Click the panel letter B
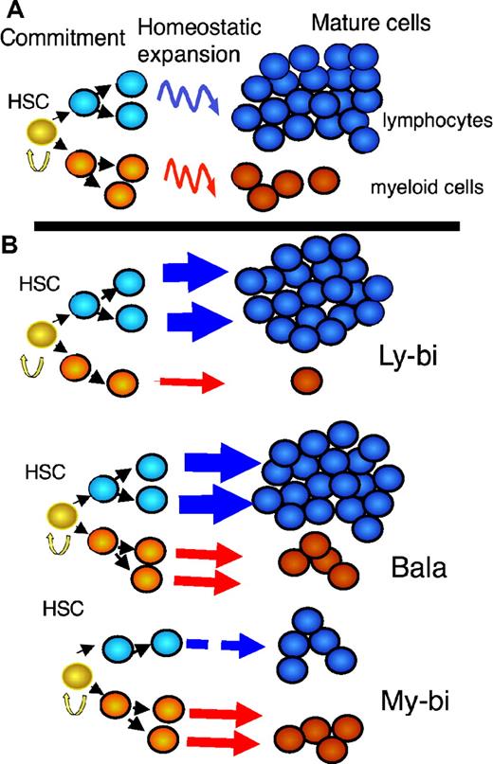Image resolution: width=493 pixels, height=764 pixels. point(12,243)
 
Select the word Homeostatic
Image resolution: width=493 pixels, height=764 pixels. point(186,26)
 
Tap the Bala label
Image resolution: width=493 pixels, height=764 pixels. point(417,569)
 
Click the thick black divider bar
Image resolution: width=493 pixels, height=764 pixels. point(246,225)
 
